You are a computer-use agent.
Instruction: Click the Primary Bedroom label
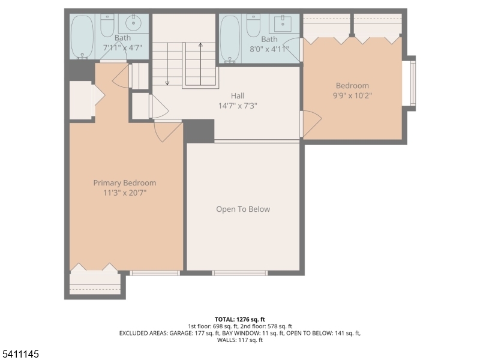(124, 183)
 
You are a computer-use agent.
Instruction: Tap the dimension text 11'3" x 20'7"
(124, 193)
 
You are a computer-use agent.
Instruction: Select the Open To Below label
(243, 209)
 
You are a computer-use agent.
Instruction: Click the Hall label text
(238, 95)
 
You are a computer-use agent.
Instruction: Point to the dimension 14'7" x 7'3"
(238, 105)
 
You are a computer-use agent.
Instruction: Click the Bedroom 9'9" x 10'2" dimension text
(352, 95)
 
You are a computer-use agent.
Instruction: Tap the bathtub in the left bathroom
(82, 37)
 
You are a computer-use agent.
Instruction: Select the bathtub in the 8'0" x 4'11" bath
(230, 38)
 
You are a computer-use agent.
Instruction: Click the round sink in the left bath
(133, 25)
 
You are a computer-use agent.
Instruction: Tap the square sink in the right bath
(283, 24)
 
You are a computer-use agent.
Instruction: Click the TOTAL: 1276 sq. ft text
(240, 319)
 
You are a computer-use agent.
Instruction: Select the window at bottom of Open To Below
(240, 273)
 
